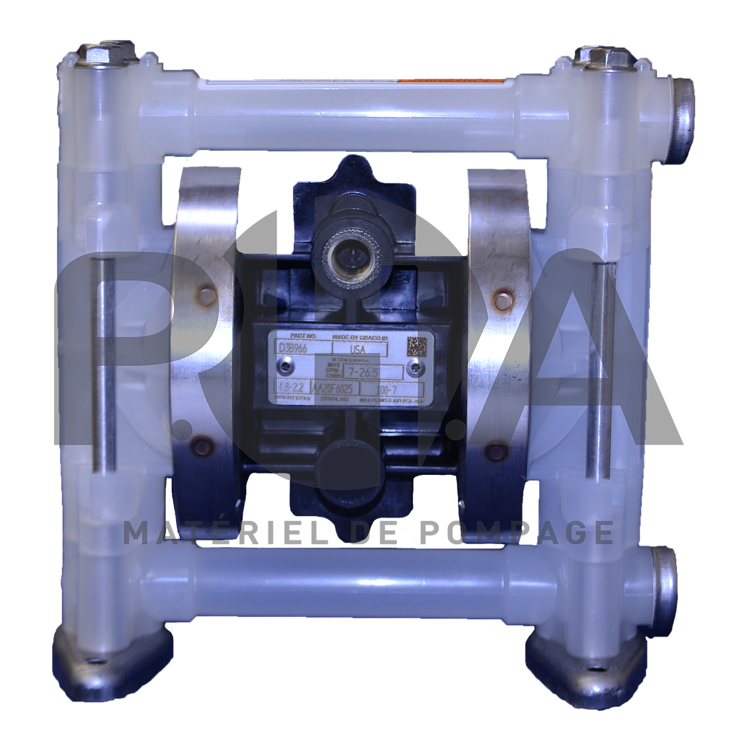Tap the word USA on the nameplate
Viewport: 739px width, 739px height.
357,349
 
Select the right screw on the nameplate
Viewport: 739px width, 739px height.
414,369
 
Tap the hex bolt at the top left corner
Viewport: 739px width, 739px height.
97,54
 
